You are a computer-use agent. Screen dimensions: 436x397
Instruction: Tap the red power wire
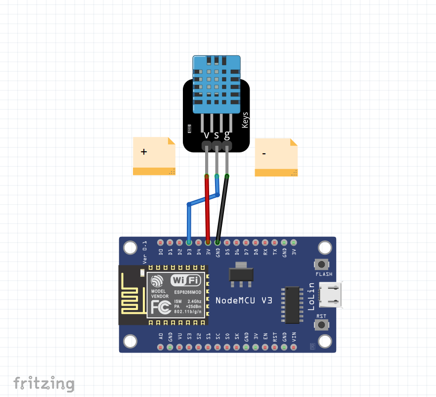click(207, 208)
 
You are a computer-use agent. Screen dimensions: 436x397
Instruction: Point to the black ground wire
click(222, 208)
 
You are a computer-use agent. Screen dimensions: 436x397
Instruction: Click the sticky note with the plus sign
click(154, 156)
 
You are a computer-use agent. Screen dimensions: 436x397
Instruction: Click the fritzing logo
click(44, 383)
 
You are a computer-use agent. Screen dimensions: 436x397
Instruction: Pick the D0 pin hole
click(161, 243)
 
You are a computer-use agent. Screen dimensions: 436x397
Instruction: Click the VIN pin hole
click(294, 347)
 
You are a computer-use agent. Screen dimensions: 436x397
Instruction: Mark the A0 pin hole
click(161, 347)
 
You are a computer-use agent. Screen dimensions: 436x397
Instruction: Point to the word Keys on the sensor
click(245, 120)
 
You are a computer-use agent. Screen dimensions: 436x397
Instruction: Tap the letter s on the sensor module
click(217, 134)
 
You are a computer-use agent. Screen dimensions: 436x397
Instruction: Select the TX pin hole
click(275, 243)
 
